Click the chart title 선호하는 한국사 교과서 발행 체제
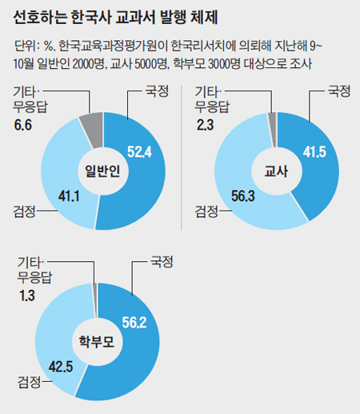click(x=120, y=16)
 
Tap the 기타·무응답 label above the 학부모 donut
click(x=34, y=271)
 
